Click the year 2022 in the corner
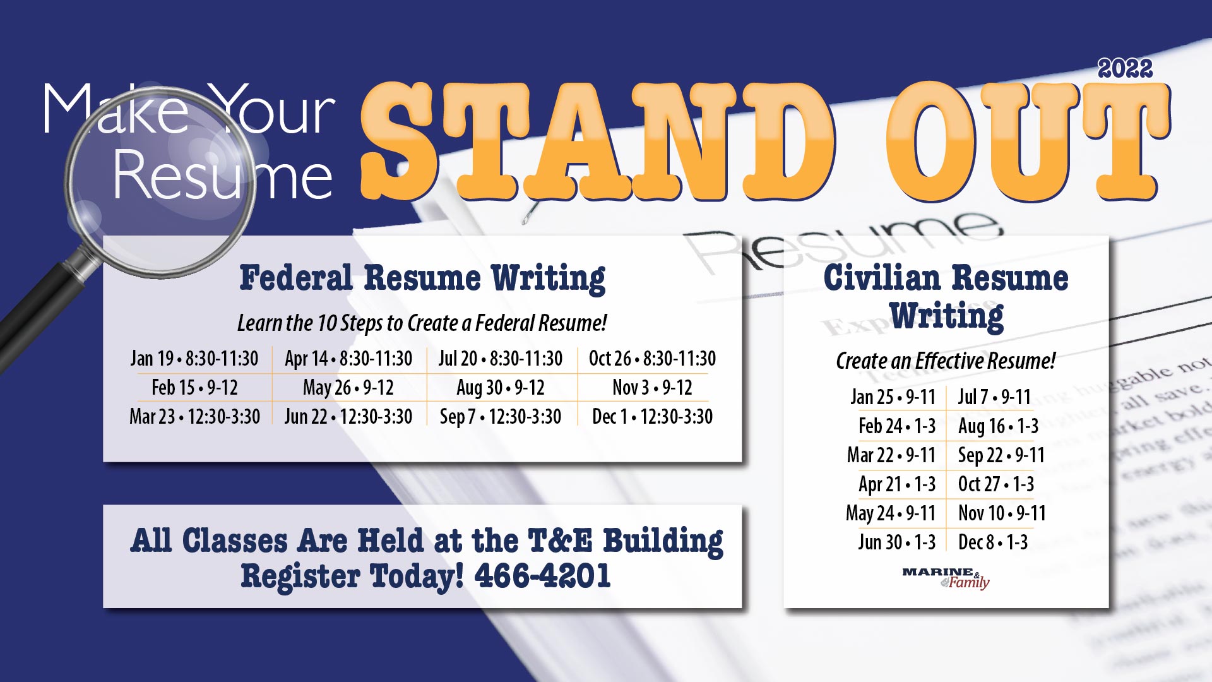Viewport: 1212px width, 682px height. coord(1125,69)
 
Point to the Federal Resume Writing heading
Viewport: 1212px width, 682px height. coord(422,278)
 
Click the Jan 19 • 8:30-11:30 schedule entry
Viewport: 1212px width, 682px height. coord(194,359)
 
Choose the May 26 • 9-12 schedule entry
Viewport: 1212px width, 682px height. coord(348,387)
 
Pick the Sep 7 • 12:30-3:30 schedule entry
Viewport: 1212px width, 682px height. coord(501,417)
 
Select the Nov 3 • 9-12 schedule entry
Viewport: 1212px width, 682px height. coord(652,387)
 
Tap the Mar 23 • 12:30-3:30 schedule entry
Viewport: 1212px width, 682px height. coord(194,417)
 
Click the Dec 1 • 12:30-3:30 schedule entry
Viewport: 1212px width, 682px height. coord(652,417)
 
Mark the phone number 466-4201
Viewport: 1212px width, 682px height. coord(542,576)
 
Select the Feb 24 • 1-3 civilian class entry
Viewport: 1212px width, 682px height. coord(896,426)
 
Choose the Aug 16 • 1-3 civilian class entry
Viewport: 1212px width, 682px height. coord(998,426)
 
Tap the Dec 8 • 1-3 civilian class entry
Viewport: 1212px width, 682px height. coord(993,542)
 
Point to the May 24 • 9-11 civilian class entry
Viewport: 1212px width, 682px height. coord(890,513)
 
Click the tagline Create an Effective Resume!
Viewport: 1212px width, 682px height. coord(946,361)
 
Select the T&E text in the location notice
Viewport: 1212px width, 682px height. coord(560,541)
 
